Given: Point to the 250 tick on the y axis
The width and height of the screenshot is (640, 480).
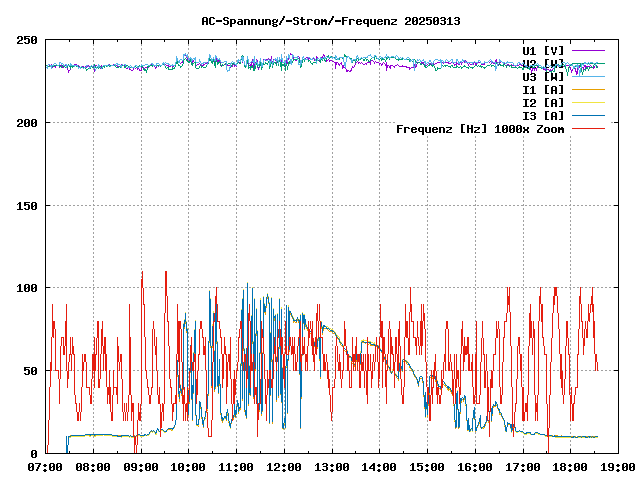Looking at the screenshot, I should click(x=27, y=40).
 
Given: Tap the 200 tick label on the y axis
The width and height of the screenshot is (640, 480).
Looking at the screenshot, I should click(x=27, y=123).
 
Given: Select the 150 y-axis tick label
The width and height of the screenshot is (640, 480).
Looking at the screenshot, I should click(x=27, y=206).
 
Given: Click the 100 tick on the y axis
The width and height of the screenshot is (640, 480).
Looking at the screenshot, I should click(x=27, y=288).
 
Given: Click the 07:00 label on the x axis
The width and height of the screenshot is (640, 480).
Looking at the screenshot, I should click(x=46, y=467).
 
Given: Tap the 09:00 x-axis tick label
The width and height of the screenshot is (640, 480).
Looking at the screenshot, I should click(x=141, y=467).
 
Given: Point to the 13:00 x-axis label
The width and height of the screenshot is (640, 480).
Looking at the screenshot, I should click(x=331, y=467).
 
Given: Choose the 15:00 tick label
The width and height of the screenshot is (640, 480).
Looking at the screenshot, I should click(x=427, y=467).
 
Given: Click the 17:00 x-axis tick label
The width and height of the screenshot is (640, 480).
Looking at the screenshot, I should click(x=522, y=467).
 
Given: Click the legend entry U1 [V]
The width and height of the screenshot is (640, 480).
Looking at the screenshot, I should click(x=543, y=50).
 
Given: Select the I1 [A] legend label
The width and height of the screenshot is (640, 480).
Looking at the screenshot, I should click(x=543, y=89).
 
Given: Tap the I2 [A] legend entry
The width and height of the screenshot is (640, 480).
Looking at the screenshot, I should click(x=543, y=102).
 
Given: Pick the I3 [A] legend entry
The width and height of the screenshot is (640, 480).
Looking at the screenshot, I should click(x=543, y=115).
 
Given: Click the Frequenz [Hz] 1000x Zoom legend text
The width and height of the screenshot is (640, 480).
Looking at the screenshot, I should click(x=480, y=128).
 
